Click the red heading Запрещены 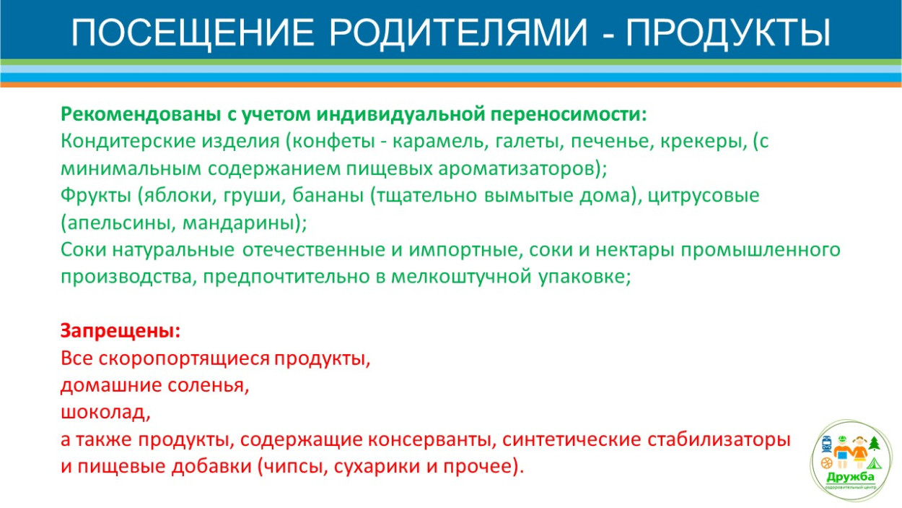(119, 331)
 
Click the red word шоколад (104, 413)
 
